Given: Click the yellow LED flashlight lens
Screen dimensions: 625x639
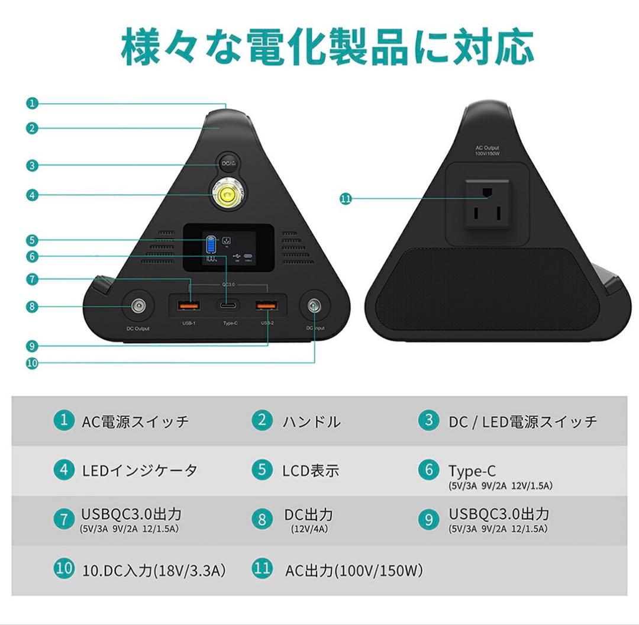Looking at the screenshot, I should [x=228, y=195].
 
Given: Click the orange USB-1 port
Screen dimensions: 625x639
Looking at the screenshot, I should [x=189, y=306].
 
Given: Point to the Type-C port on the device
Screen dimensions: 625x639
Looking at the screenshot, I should [x=228, y=307].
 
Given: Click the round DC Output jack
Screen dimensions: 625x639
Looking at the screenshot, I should [x=138, y=307].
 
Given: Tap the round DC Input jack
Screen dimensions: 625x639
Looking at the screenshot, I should [x=314, y=307].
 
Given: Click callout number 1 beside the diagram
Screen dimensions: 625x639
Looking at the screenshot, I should [x=33, y=103].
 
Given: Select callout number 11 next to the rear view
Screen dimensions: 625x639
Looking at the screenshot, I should [x=346, y=199].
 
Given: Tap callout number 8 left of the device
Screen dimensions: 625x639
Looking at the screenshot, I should [x=33, y=306].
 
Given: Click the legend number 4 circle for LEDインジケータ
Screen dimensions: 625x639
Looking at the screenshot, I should [x=63, y=471].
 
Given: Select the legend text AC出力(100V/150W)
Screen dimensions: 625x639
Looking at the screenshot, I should [x=354, y=571].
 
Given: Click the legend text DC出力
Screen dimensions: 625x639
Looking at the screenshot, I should [x=308, y=514].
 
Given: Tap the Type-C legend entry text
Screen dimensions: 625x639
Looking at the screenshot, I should [x=472, y=471].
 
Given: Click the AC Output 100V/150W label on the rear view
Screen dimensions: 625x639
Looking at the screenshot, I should [x=487, y=150].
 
